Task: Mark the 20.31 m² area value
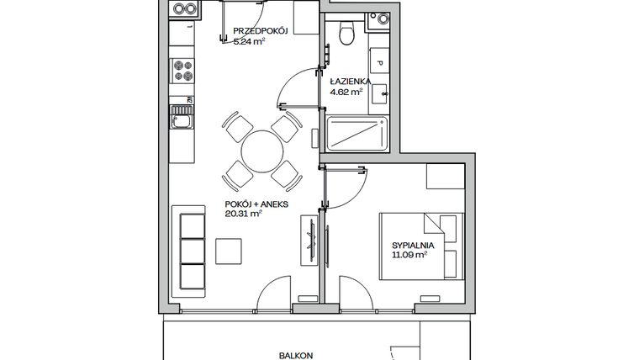244,214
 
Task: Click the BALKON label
298,355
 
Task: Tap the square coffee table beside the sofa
230,251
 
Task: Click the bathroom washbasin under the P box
379,91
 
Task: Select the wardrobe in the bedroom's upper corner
444,177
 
